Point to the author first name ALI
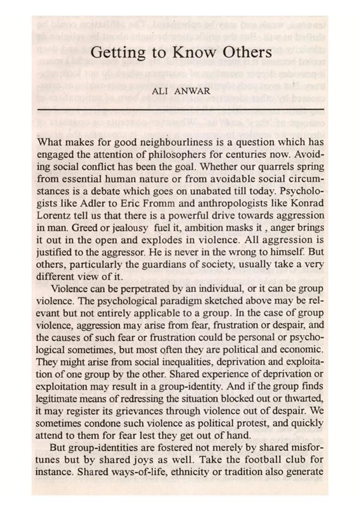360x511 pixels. coord(160,91)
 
